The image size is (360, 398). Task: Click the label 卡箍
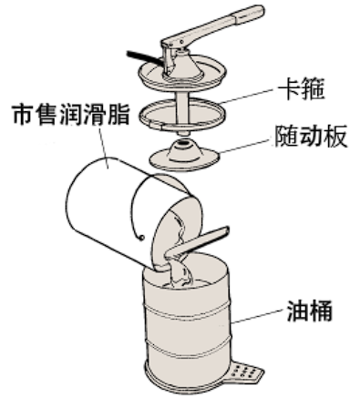[301, 89]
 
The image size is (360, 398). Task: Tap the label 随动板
[311, 136]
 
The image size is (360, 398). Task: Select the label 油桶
[310, 311]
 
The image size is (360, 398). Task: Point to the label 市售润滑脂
[71, 115]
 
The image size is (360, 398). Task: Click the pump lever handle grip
[248, 15]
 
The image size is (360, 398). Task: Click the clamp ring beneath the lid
[181, 115]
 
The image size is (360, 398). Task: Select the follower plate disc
[185, 156]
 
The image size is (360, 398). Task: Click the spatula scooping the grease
[197, 244]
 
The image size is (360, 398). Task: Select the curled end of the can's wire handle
[140, 238]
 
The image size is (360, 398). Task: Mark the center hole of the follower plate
[183, 141]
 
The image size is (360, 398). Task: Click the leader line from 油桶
[259, 315]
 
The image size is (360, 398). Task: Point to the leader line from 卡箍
[248, 96]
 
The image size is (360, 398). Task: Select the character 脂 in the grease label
[118, 115]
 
